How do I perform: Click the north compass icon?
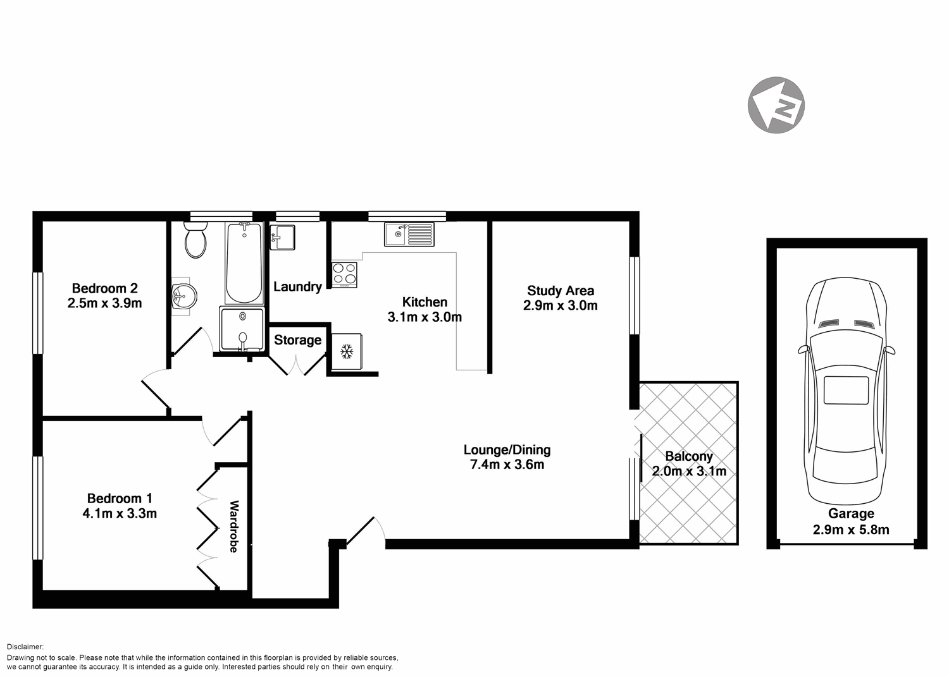(x=776, y=105)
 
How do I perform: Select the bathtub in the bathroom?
(x=244, y=264)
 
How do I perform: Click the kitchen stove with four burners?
(x=345, y=274)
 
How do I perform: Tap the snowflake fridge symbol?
(x=347, y=351)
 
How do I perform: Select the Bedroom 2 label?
(x=104, y=288)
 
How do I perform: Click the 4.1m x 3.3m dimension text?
(x=120, y=513)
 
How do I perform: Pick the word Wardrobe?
(x=233, y=527)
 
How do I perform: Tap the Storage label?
(x=297, y=340)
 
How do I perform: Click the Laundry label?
(x=297, y=286)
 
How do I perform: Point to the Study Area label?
(x=561, y=291)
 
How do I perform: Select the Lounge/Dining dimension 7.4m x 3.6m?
(x=507, y=465)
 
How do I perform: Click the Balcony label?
(x=689, y=456)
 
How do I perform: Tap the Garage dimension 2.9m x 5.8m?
(x=851, y=530)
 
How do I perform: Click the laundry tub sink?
(x=282, y=238)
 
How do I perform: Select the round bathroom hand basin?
(x=184, y=295)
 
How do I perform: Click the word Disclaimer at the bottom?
(x=25, y=647)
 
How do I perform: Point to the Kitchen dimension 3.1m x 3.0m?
(x=425, y=317)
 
